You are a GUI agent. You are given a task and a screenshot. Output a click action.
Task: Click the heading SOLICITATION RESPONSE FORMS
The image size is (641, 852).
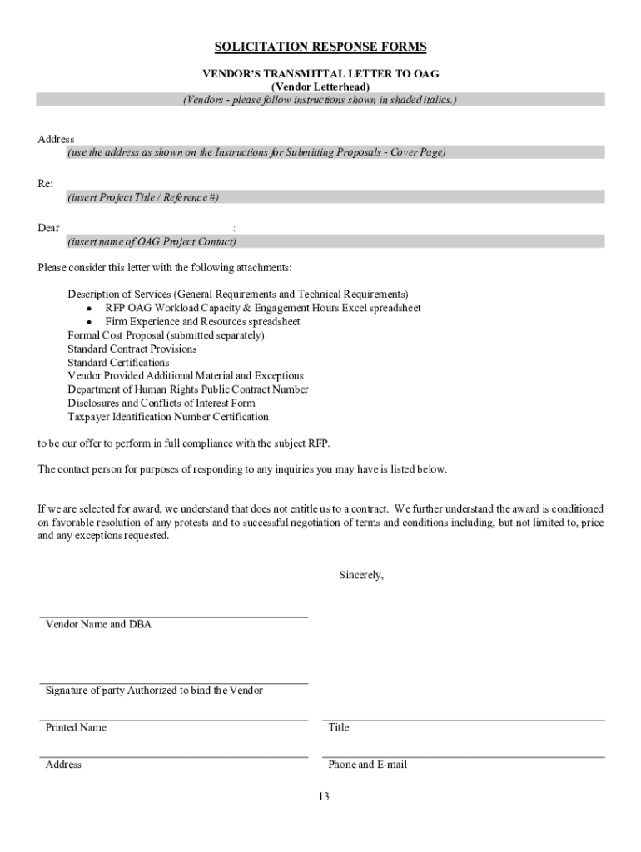tap(320, 47)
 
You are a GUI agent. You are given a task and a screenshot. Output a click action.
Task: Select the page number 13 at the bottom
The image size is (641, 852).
tap(323, 796)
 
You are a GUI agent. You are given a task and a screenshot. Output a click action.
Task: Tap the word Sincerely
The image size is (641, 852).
tap(361, 575)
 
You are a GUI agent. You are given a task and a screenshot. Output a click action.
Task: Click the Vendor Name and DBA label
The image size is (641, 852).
tap(98, 624)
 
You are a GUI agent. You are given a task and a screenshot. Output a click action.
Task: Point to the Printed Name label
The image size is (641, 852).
tap(76, 727)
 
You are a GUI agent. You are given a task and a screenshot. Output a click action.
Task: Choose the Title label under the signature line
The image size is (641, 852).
tap(339, 727)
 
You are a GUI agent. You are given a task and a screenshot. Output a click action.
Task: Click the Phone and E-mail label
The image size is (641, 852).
tap(367, 765)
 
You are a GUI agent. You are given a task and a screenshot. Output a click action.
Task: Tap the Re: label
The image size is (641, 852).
tap(45, 183)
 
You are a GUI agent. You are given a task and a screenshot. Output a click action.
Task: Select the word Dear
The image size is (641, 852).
tap(48, 228)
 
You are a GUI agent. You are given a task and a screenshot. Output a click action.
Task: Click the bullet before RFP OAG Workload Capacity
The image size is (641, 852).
tap(88, 308)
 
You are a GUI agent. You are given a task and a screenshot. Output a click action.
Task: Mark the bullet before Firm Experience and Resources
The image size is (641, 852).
tap(88, 322)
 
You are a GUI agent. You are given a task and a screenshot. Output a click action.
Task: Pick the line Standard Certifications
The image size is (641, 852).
tap(118, 363)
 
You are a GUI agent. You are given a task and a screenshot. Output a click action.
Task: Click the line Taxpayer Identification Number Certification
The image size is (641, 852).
tap(168, 417)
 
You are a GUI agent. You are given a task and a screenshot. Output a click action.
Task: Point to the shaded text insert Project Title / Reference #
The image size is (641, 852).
tap(143, 197)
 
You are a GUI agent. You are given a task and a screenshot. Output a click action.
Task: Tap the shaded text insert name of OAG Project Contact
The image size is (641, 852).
tap(152, 242)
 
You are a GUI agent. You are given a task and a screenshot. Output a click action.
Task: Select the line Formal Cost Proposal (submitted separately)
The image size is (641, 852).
tap(166, 335)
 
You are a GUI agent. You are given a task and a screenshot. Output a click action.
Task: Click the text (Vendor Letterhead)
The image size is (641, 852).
tap(320, 87)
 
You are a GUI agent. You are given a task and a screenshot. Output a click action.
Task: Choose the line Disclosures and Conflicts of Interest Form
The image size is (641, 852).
tap(161, 403)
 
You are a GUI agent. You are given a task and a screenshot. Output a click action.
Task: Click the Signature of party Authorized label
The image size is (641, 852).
tap(154, 691)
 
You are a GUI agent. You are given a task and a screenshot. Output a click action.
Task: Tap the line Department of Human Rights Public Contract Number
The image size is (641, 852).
tap(188, 389)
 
